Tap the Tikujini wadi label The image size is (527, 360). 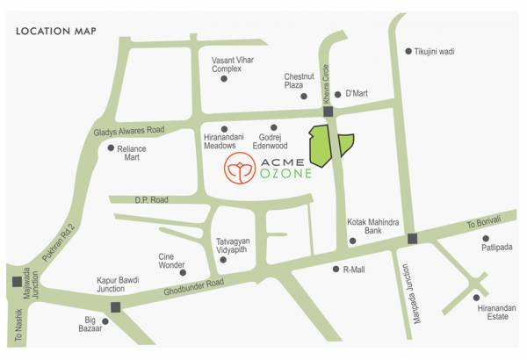tap(436, 52)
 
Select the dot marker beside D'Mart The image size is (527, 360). tap(337, 94)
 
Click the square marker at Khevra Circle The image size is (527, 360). tap(328, 112)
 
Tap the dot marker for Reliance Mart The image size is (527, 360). tap(111, 148)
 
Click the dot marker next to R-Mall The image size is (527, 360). tap(336, 269)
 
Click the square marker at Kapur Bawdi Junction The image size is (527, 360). tap(115, 307)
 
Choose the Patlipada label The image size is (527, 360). tap(495, 248)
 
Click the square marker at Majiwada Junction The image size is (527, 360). tap(18, 282)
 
